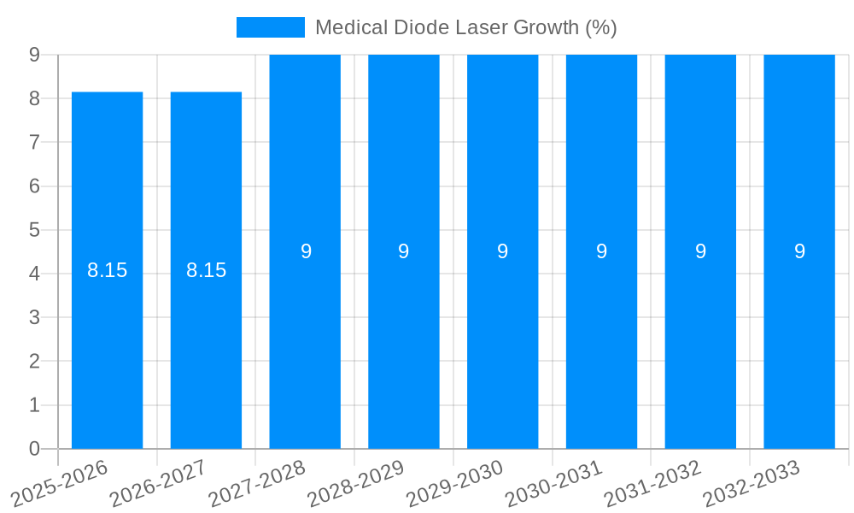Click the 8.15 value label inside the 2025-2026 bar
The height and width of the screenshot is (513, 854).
click(107, 270)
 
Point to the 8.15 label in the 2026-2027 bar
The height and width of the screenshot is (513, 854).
click(206, 270)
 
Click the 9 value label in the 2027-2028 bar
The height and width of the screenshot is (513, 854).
click(306, 251)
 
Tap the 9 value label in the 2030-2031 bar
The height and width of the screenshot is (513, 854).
click(601, 251)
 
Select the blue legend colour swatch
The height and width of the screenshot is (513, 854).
click(270, 27)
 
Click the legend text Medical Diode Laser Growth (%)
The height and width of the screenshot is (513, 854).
click(465, 27)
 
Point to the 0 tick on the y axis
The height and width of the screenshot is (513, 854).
click(34, 448)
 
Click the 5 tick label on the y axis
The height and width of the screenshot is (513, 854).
click(34, 230)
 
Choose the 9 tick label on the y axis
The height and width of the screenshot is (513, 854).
click(34, 55)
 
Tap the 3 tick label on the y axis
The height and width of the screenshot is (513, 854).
click(34, 317)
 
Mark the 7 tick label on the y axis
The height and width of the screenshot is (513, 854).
click(34, 142)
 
